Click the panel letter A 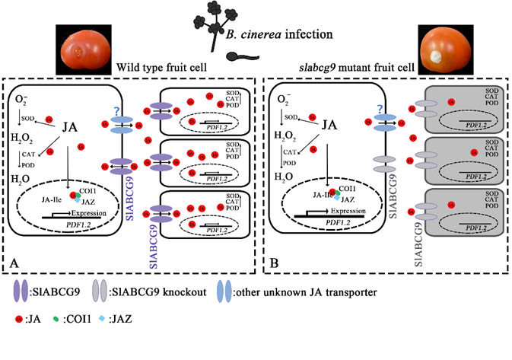[x=16, y=262]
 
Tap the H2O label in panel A [x=21, y=176]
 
